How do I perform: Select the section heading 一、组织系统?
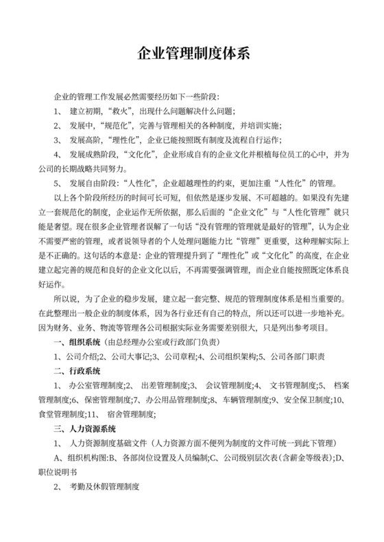point(77,341)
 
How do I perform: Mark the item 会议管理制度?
point(229,385)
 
